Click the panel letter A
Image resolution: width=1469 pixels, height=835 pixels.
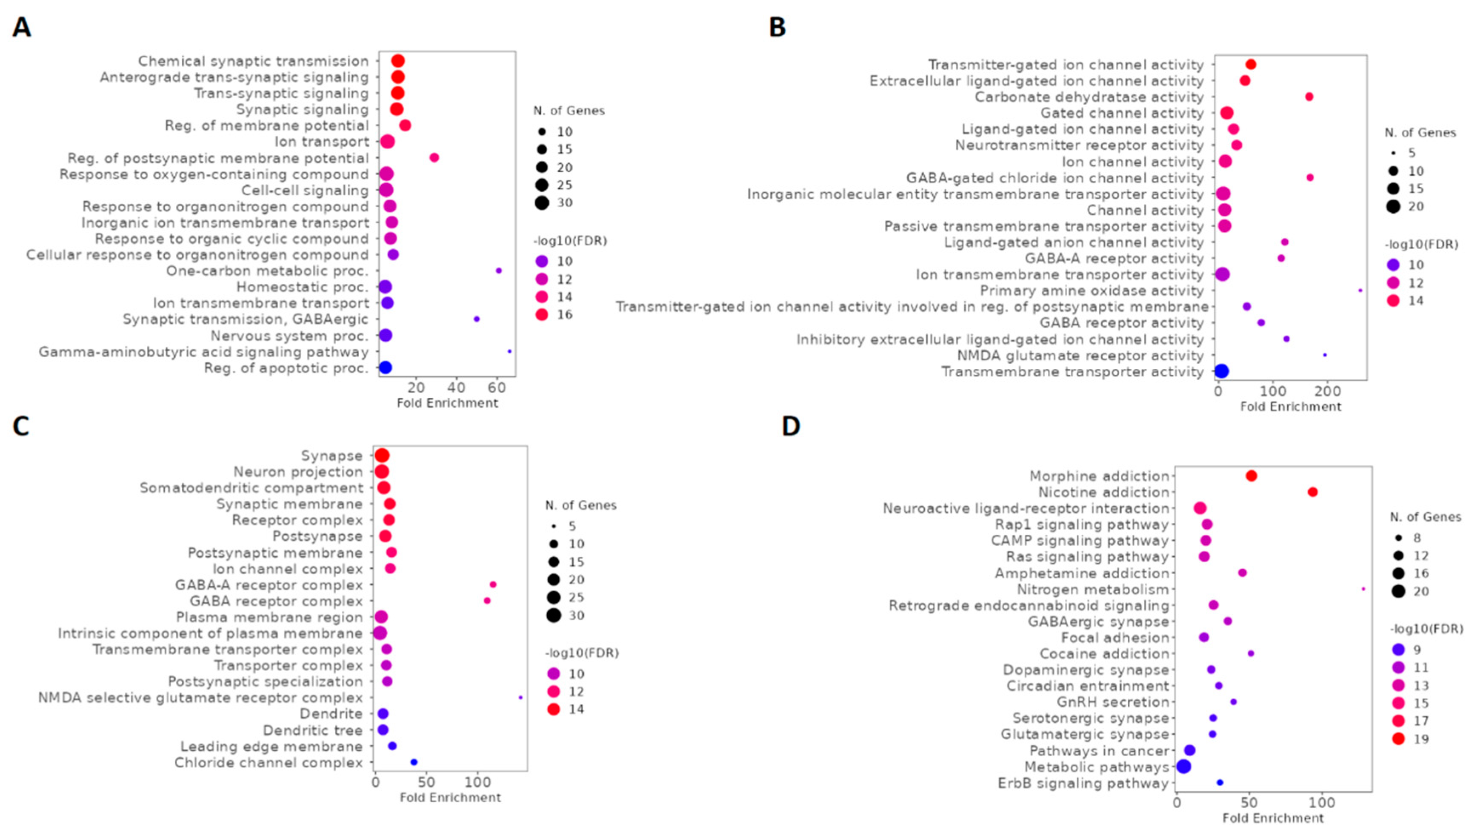click(21, 27)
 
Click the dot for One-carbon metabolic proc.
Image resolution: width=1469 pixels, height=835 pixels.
click(498, 271)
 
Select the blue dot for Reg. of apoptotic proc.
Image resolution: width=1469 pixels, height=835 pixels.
click(386, 368)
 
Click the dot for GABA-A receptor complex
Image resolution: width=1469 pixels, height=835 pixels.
click(493, 584)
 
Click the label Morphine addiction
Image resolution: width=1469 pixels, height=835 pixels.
click(1098, 476)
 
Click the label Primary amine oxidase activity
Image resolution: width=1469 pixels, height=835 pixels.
click(1091, 291)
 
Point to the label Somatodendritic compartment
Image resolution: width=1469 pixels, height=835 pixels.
click(251, 488)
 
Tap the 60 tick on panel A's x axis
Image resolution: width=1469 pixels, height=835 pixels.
click(497, 388)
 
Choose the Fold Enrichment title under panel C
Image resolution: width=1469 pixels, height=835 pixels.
click(450, 798)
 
